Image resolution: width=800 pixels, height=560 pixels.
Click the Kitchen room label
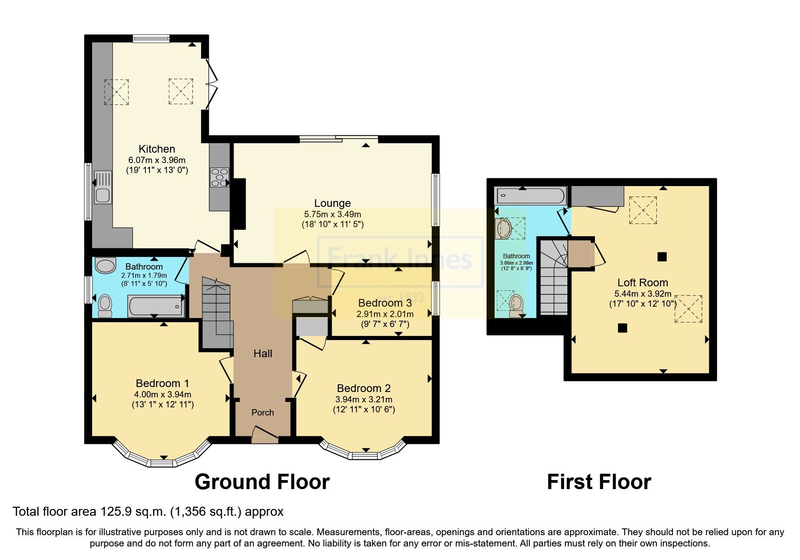pyautogui.click(x=157, y=149)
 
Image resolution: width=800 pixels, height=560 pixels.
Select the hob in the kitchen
pyautogui.click(x=220, y=177)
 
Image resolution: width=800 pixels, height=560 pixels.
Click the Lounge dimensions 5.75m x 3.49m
pyautogui.click(x=332, y=214)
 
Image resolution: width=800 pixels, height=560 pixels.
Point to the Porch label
pyautogui.click(x=262, y=412)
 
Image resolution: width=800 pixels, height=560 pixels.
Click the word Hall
pyautogui.click(x=262, y=354)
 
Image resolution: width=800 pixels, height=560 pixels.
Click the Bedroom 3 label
pyautogui.click(x=385, y=303)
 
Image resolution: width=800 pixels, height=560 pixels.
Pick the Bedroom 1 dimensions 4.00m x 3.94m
pyautogui.click(x=163, y=394)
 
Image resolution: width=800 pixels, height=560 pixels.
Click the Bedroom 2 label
pyautogui.click(x=364, y=388)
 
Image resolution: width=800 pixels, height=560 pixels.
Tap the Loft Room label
pyautogui.click(x=642, y=283)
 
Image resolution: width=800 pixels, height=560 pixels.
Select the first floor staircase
pyautogui.click(x=554, y=280)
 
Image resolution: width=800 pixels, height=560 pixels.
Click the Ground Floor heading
pyautogui.click(x=262, y=482)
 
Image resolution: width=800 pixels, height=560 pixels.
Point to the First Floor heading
pyautogui.click(x=599, y=482)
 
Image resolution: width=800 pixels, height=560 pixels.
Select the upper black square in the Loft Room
pyautogui.click(x=662, y=257)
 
